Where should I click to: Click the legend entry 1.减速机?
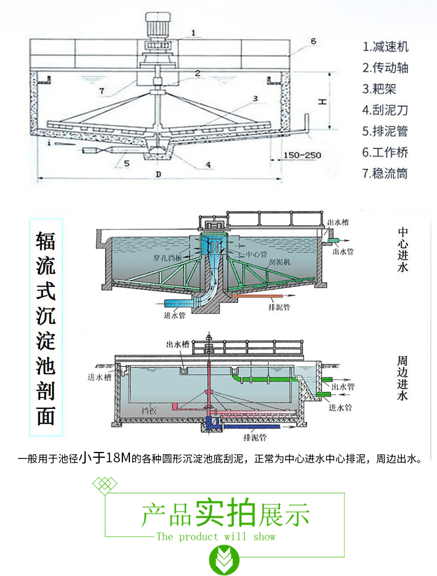385,47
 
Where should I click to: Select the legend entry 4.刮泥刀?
385,110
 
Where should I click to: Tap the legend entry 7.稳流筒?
385,174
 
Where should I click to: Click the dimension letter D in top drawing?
158,175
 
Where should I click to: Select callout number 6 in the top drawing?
313,41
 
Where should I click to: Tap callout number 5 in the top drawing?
125,164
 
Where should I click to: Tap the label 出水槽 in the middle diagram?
337,221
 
